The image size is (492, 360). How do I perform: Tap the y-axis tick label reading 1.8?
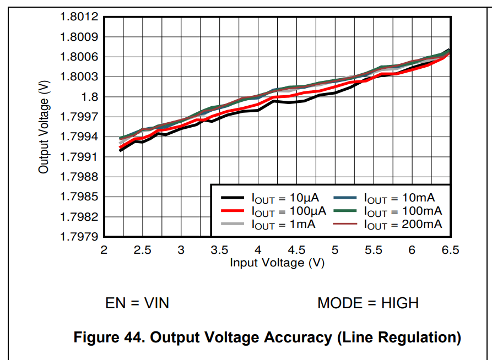click(89, 97)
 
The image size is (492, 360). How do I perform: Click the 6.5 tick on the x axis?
click(450, 250)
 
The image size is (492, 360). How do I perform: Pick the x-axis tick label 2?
click(104, 250)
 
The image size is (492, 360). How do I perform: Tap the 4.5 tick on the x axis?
click(296, 250)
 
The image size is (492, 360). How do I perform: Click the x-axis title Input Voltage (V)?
click(277, 263)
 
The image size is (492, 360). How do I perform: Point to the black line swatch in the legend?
click(233, 198)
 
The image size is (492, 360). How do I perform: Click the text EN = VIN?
click(137, 303)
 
